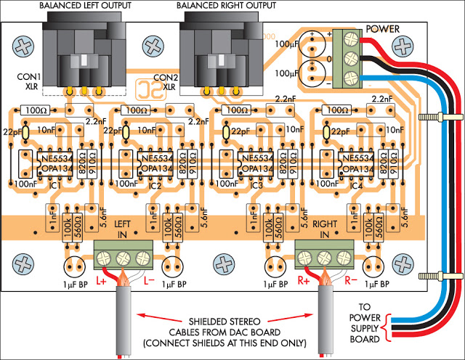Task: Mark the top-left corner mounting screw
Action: coord(23,46)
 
